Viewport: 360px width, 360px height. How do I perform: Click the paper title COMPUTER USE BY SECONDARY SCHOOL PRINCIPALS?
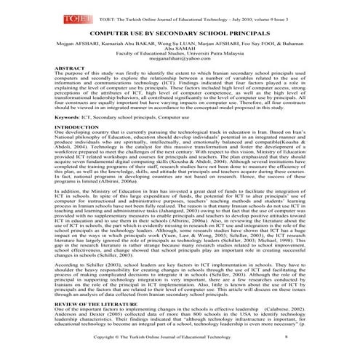(x=179, y=33)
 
